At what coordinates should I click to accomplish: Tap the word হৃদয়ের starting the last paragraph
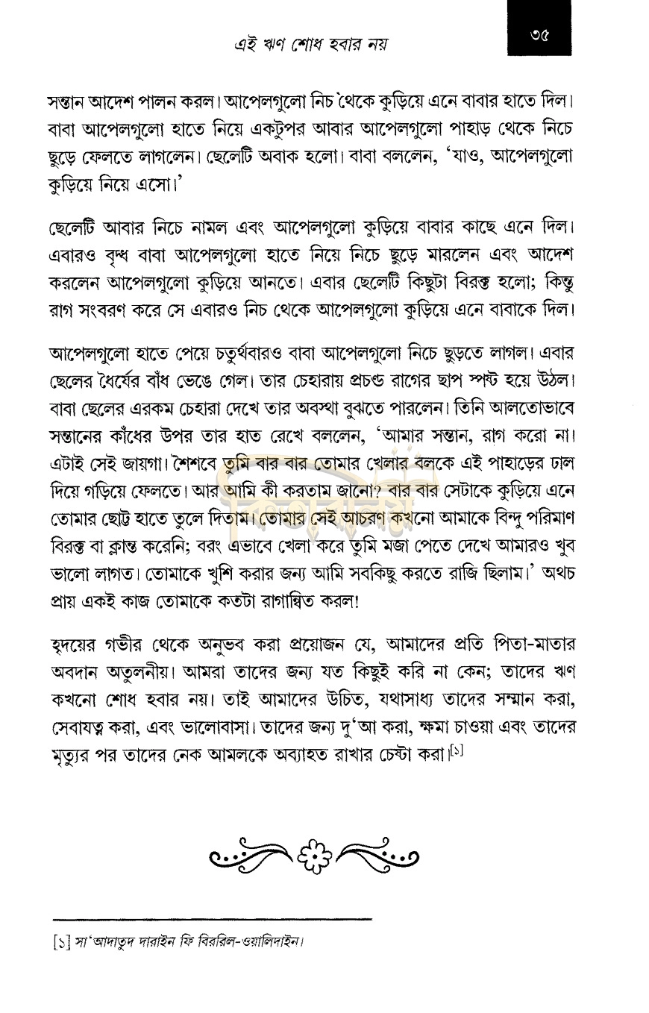coord(78,644)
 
